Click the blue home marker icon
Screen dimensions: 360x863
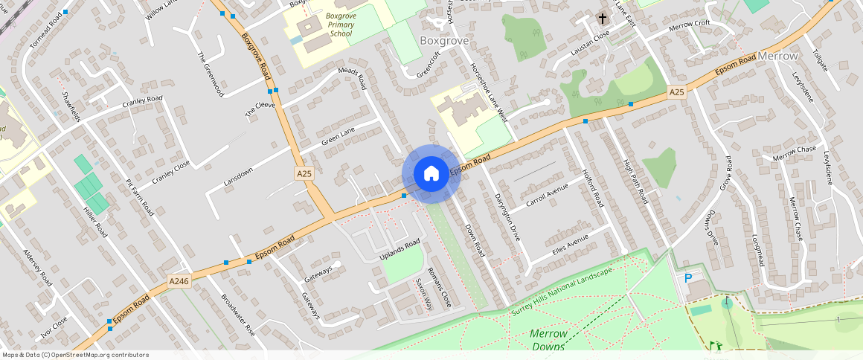click(431, 174)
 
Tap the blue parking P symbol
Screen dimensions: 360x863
click(688, 278)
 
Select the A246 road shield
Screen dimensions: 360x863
click(179, 281)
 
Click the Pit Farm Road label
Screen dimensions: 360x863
click(140, 194)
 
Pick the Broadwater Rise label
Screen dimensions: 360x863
click(238, 315)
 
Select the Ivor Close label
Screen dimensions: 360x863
click(54, 329)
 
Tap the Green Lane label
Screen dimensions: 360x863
click(339, 134)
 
